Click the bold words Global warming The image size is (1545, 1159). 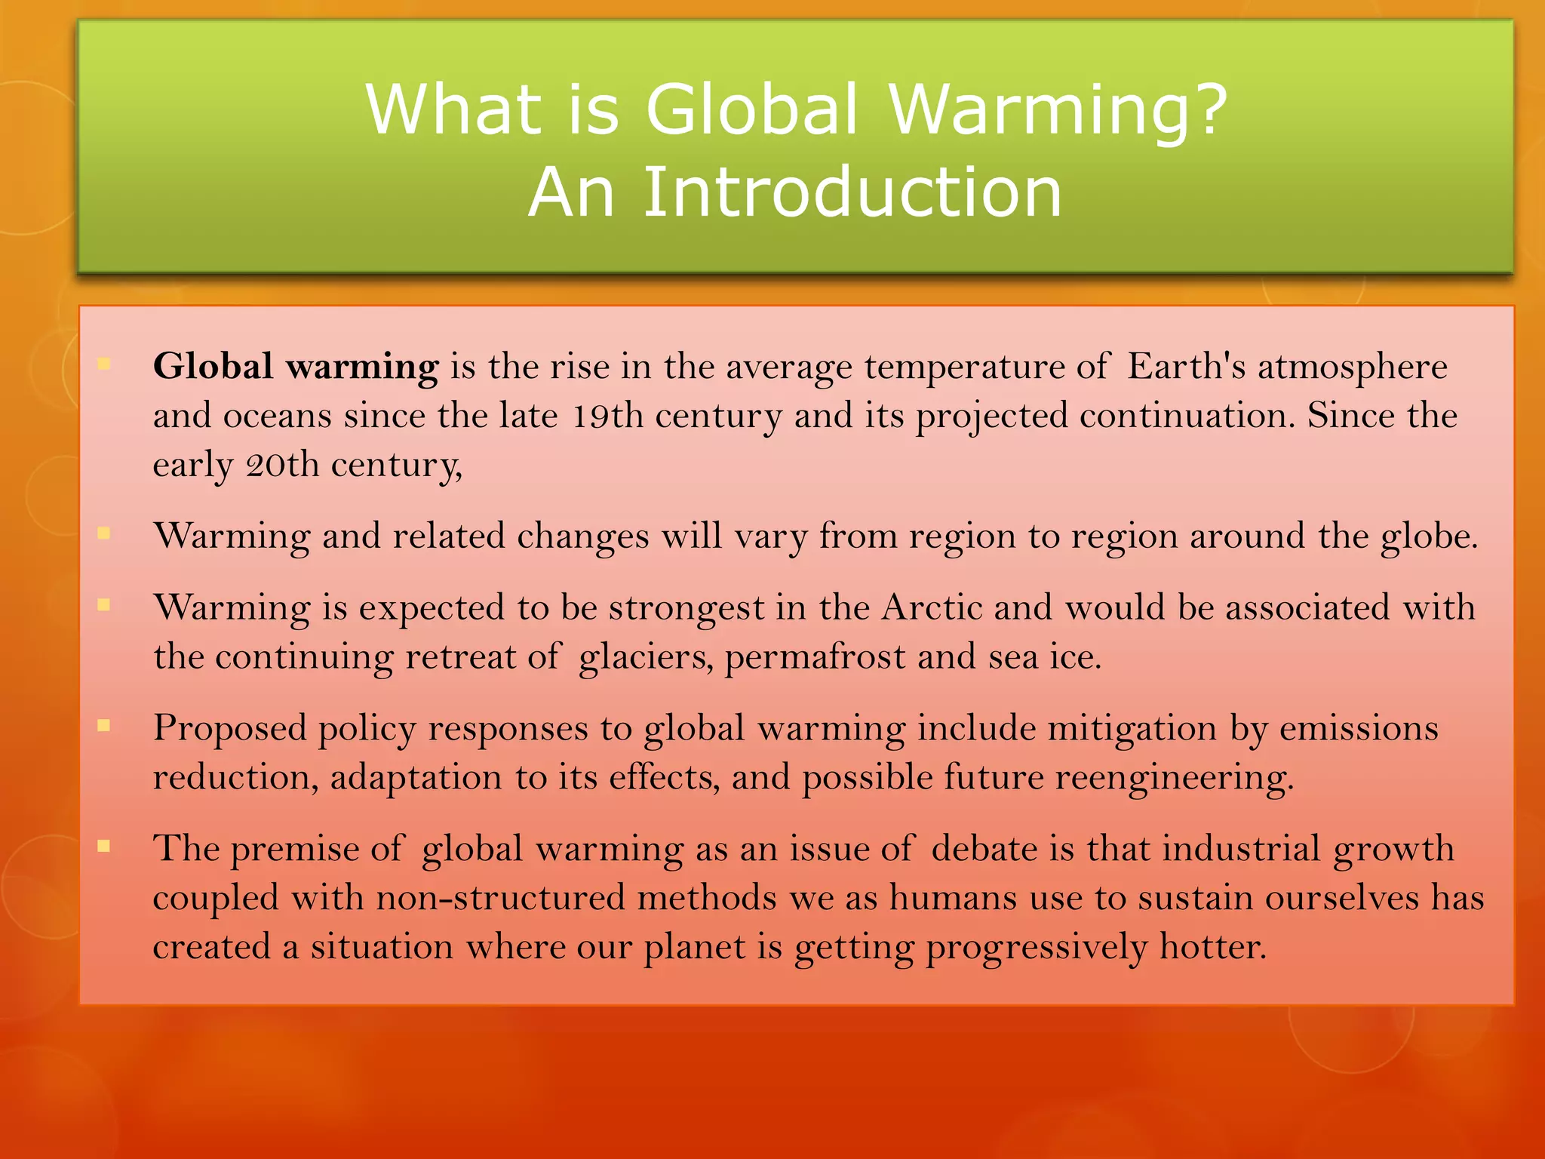click(295, 367)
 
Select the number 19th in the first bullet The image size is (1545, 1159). click(608, 416)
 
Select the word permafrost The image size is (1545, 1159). click(815, 657)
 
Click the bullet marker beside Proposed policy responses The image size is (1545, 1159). click(104, 726)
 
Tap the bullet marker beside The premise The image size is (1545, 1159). click(104, 846)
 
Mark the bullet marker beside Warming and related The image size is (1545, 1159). click(104, 533)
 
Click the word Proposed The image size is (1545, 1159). click(230, 729)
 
